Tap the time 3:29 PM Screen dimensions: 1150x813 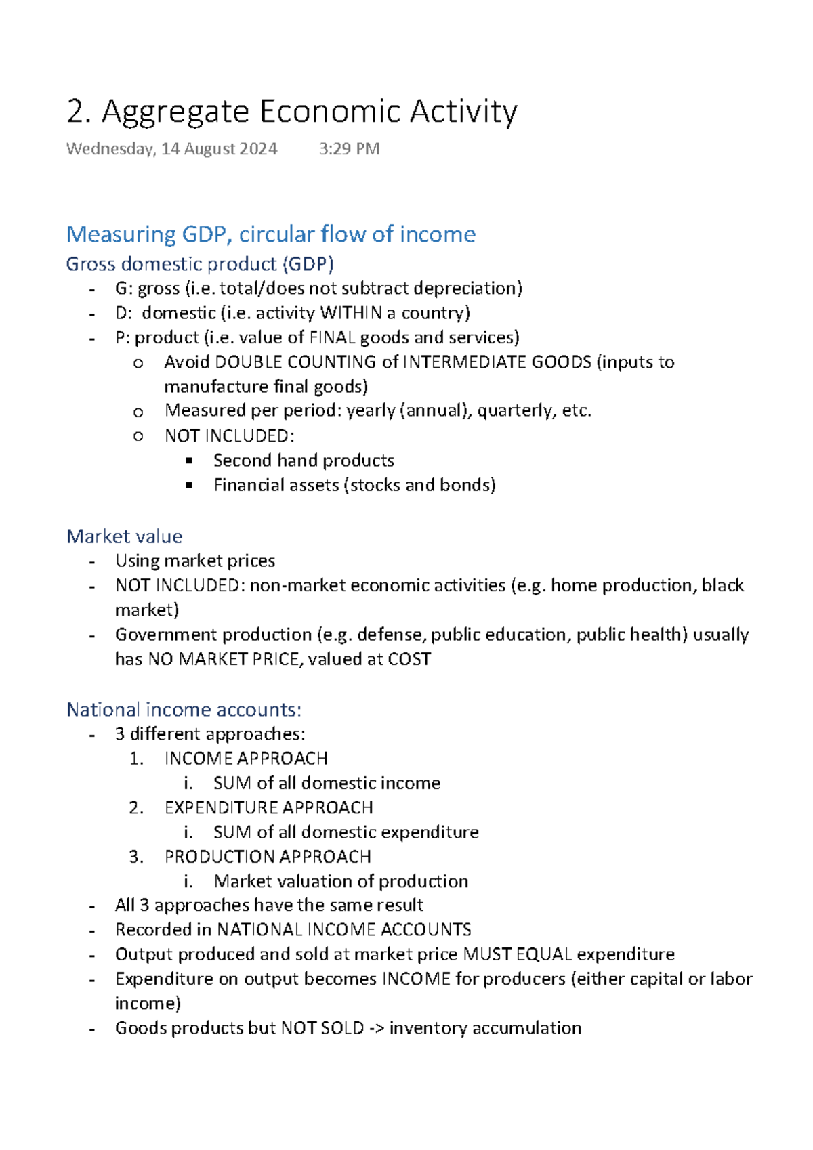pos(349,149)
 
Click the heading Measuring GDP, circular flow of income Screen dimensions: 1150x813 pos(270,234)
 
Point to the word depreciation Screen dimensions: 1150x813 pos(467,289)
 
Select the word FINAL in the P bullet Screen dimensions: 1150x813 pos(332,337)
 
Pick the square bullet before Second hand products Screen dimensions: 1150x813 pos(189,461)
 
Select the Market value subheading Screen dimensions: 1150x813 pos(125,536)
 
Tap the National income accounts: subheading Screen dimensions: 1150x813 pos(184,710)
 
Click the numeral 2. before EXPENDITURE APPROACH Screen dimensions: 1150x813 pos(136,808)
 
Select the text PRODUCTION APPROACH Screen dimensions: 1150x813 pos(268,857)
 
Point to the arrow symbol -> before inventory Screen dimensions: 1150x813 pos(376,1028)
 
